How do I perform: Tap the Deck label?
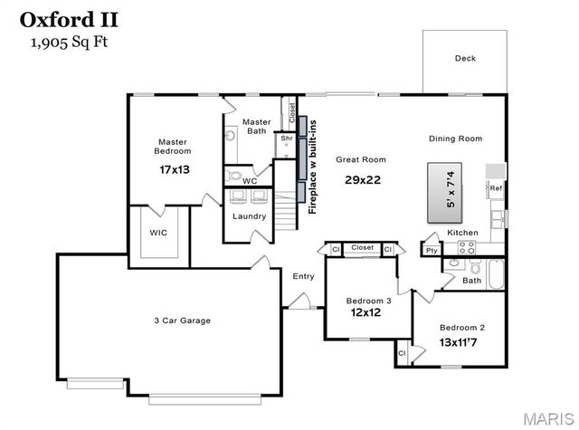pyautogui.click(x=465, y=59)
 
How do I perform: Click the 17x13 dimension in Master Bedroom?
pyautogui.click(x=173, y=169)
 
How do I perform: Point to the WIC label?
pyautogui.click(x=158, y=233)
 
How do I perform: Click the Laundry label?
pyautogui.click(x=249, y=216)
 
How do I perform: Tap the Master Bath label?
pyautogui.click(x=256, y=126)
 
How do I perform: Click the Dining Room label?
pyautogui.click(x=455, y=139)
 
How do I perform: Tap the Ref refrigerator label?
pyautogui.click(x=496, y=188)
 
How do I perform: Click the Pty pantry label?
pyautogui.click(x=431, y=250)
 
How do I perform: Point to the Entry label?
pyautogui.click(x=302, y=276)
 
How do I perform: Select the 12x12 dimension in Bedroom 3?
pyautogui.click(x=368, y=313)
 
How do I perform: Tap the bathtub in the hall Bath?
pyautogui.click(x=496, y=272)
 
